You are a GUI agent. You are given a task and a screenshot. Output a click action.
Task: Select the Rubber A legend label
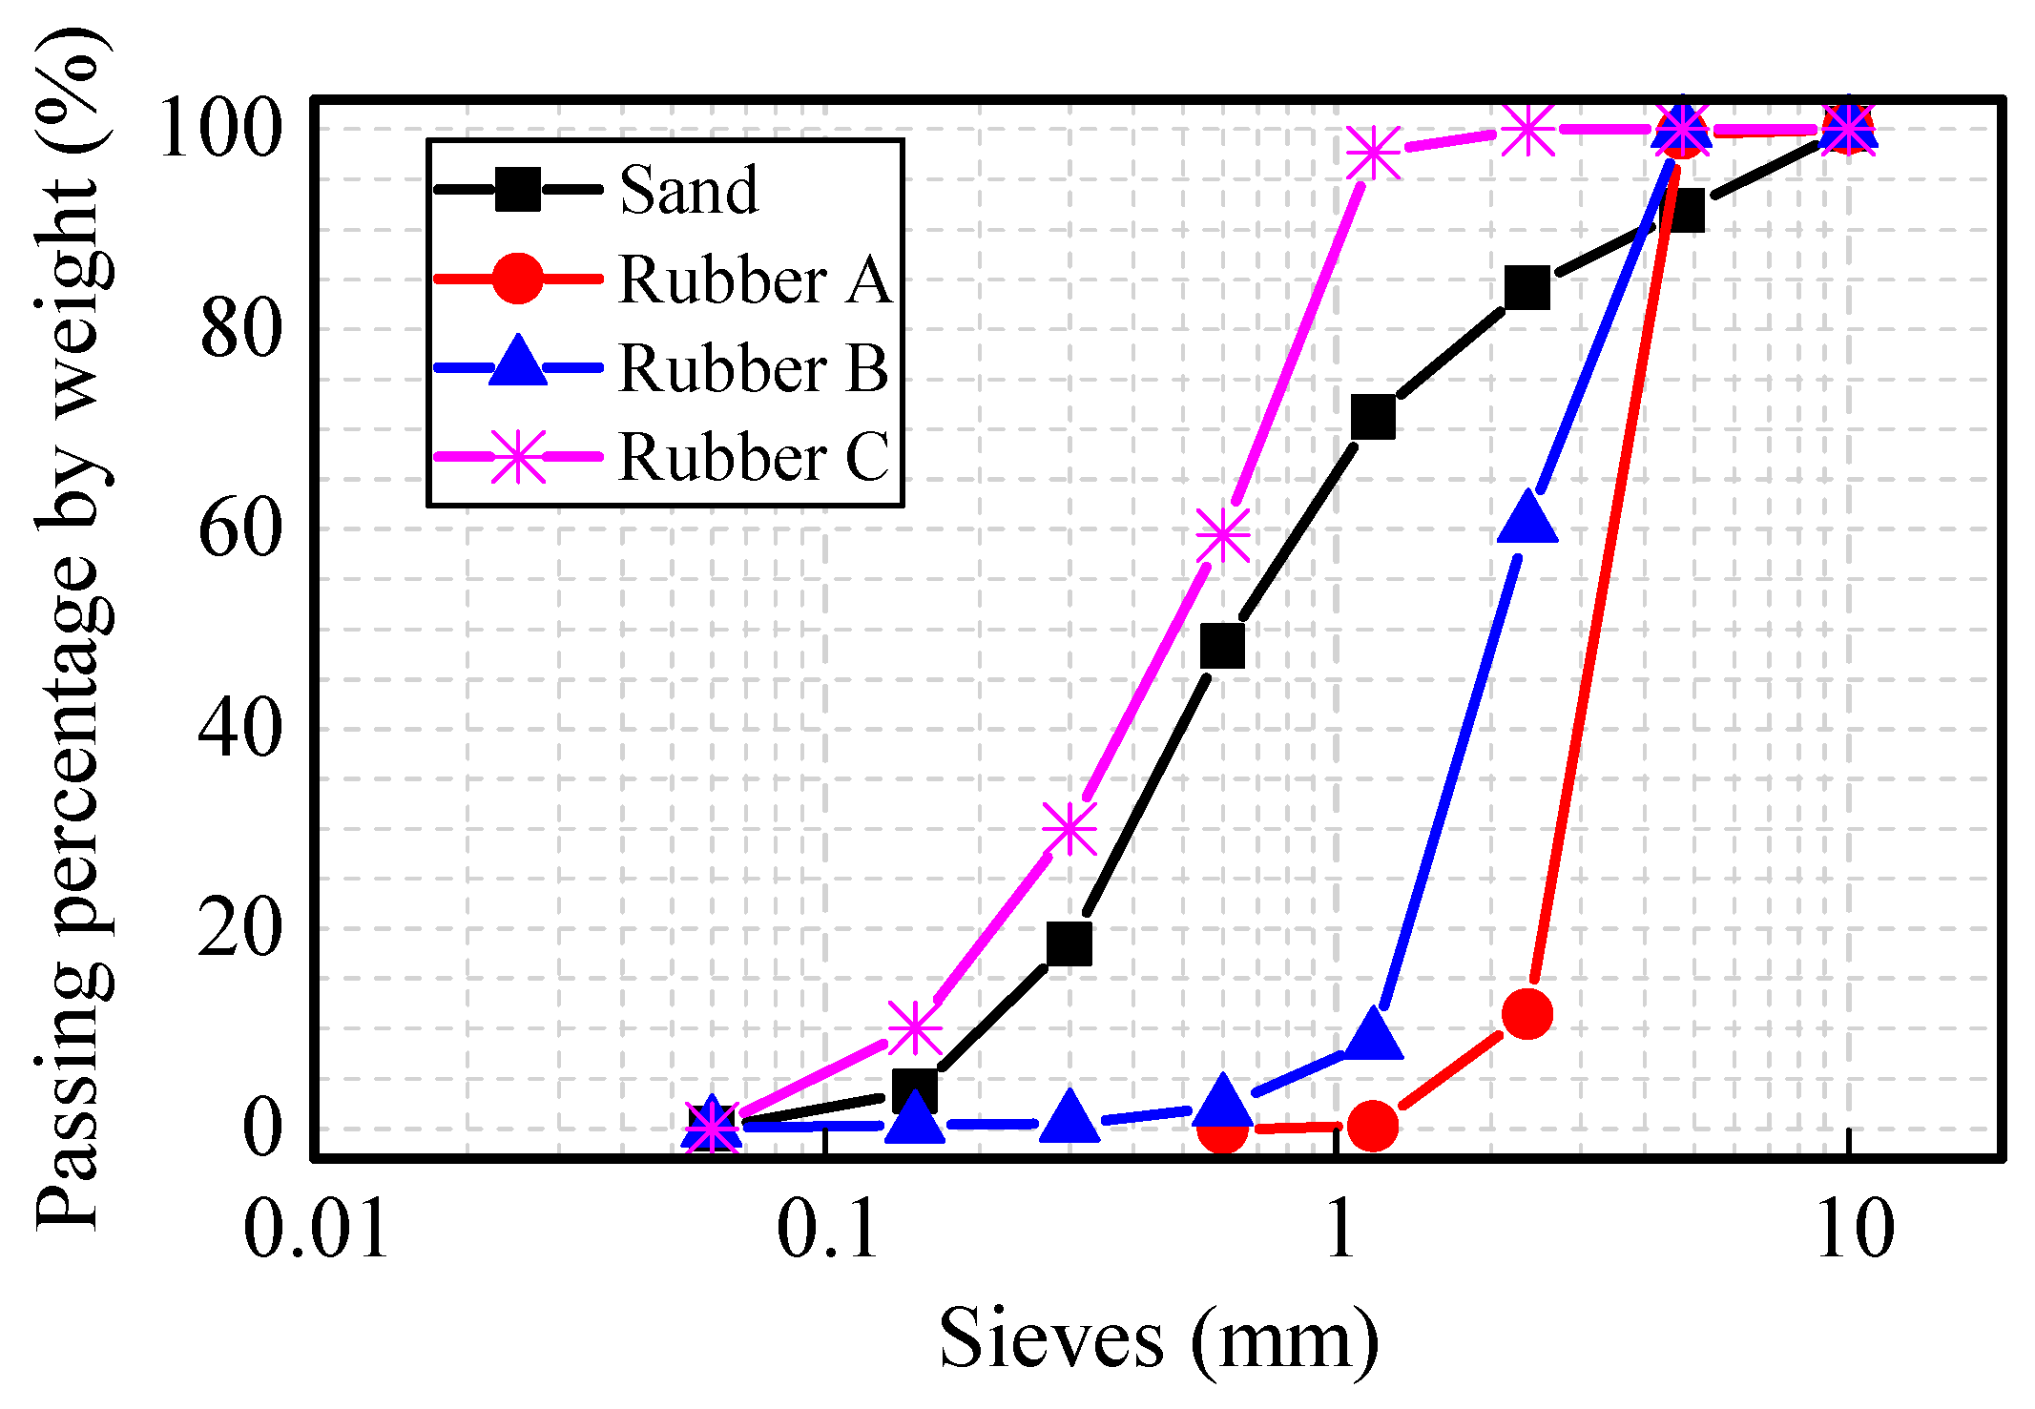[754, 280]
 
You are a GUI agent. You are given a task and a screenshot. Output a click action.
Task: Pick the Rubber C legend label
[754, 456]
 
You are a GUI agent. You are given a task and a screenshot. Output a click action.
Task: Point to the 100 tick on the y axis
[220, 129]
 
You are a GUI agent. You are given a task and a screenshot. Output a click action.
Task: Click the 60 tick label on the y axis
[240, 528]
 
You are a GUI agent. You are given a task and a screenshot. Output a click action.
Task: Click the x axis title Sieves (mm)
[1158, 1338]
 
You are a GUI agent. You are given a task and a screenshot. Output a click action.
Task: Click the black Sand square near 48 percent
[1222, 646]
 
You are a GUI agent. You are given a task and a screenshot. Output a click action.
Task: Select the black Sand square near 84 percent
[1526, 287]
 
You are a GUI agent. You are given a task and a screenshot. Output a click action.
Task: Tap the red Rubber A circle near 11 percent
[1526, 1013]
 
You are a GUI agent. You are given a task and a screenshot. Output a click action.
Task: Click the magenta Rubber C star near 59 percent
[1222, 535]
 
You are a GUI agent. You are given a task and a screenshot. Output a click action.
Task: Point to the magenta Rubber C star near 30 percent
[1069, 828]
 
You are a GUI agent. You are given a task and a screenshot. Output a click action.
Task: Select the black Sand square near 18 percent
[1069, 943]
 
